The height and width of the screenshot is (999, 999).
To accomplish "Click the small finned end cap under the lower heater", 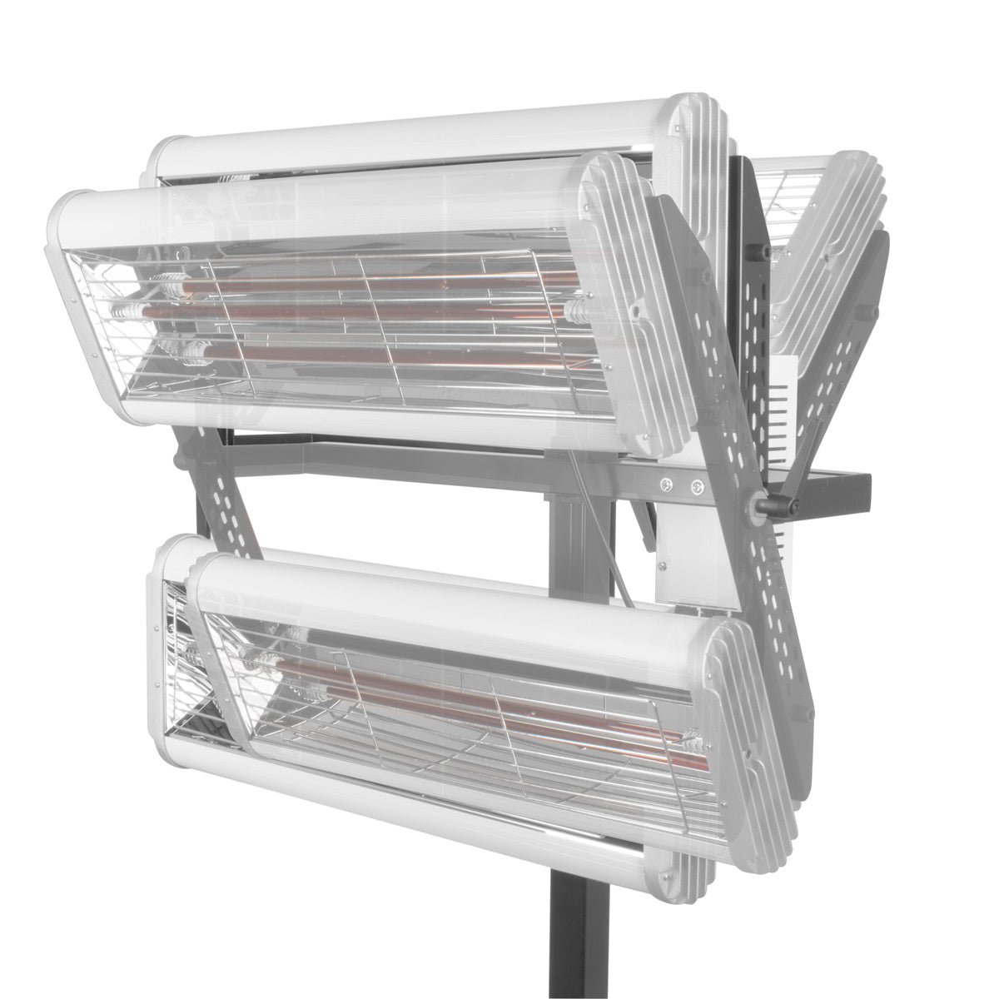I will (670, 874).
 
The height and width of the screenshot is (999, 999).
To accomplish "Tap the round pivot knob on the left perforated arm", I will (179, 456).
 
